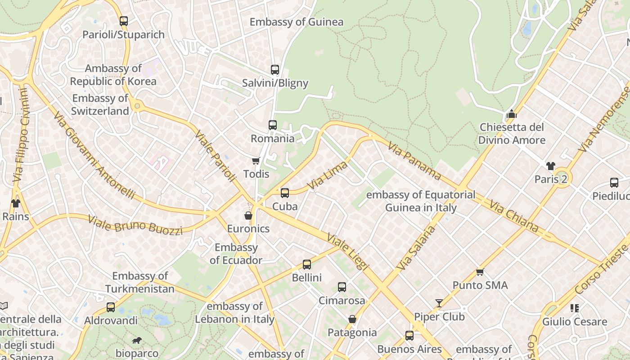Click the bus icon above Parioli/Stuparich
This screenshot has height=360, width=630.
(x=123, y=21)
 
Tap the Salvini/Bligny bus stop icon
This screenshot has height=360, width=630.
(x=274, y=70)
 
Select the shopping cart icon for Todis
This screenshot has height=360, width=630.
(x=256, y=161)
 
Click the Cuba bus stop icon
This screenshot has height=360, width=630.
(x=284, y=193)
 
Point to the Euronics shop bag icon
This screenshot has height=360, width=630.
(x=248, y=216)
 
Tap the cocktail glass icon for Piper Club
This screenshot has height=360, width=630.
(x=439, y=303)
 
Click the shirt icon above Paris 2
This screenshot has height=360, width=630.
(x=550, y=166)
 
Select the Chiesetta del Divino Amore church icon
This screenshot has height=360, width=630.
(x=511, y=114)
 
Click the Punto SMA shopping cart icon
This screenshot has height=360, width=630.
(x=480, y=272)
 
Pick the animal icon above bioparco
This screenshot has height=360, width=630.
(x=136, y=340)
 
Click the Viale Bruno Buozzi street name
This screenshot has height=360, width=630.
(x=135, y=225)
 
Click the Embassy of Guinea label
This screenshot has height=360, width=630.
(x=296, y=22)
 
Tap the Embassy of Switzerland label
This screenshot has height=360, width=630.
(x=100, y=104)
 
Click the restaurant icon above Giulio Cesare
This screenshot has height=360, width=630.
(x=574, y=308)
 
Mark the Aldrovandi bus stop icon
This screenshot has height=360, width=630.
(x=111, y=307)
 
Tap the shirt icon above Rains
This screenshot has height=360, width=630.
(x=16, y=203)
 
